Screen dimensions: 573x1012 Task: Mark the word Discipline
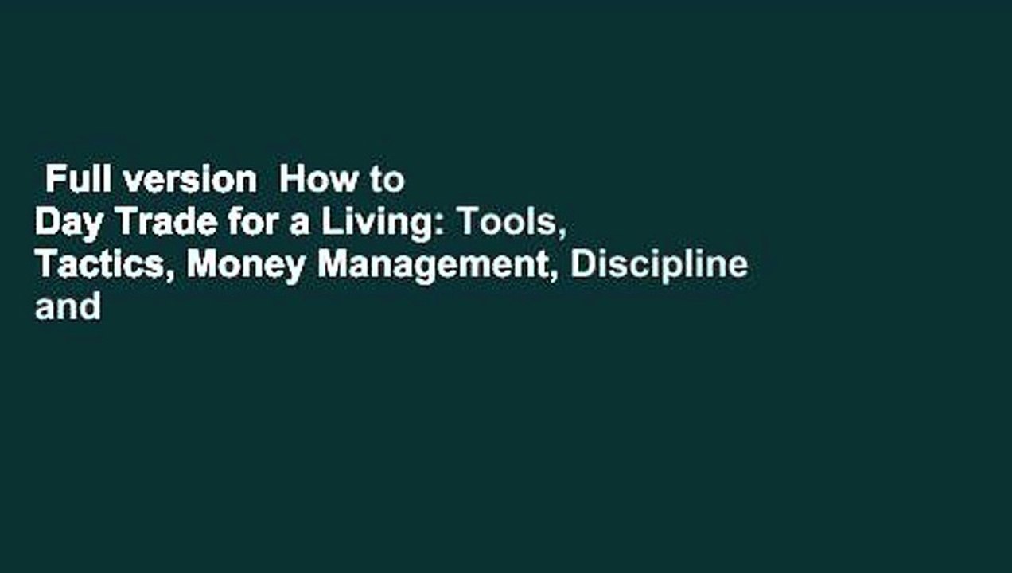point(659,266)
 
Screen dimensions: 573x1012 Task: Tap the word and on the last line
point(68,306)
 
